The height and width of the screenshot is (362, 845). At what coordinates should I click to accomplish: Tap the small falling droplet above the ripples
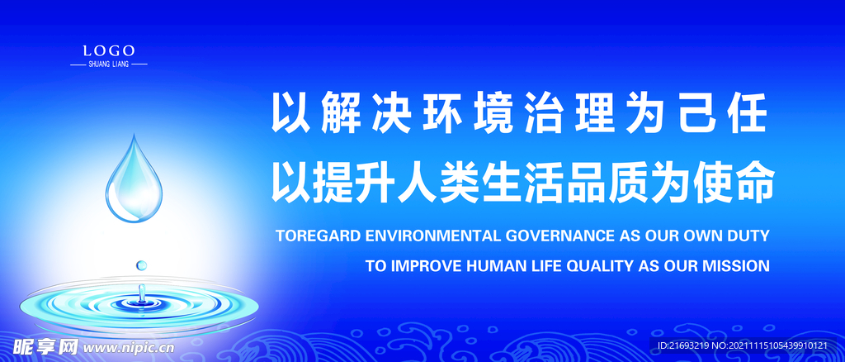coord(142,264)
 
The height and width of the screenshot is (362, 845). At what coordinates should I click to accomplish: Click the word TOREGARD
coord(317,236)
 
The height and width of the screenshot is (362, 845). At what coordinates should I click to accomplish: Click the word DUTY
coord(748,236)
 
